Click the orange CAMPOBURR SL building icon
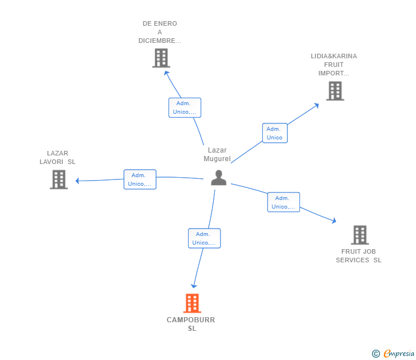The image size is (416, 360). (192, 303)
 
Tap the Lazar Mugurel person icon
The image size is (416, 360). (218, 178)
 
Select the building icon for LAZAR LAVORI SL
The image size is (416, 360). (58, 179)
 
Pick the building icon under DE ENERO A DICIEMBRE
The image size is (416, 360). (161, 58)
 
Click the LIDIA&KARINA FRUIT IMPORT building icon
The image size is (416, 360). (335, 91)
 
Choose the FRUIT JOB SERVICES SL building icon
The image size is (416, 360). (359, 235)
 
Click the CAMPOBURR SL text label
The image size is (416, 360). (191, 324)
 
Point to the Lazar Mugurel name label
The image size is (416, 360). (217, 154)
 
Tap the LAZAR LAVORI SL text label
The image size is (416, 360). (57, 157)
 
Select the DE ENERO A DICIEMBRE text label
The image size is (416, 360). (160, 32)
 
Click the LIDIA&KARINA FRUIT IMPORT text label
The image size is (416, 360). (334, 65)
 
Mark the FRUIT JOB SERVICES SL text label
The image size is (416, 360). (358, 256)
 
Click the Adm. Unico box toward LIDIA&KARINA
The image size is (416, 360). (274, 133)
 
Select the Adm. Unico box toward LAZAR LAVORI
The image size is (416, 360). (140, 179)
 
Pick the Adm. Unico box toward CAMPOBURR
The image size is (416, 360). (204, 238)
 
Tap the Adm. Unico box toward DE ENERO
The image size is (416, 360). (185, 107)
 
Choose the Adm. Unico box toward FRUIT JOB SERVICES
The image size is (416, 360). (283, 202)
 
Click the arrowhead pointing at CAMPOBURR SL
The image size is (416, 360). (194, 285)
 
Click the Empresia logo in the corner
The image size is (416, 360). (393, 354)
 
